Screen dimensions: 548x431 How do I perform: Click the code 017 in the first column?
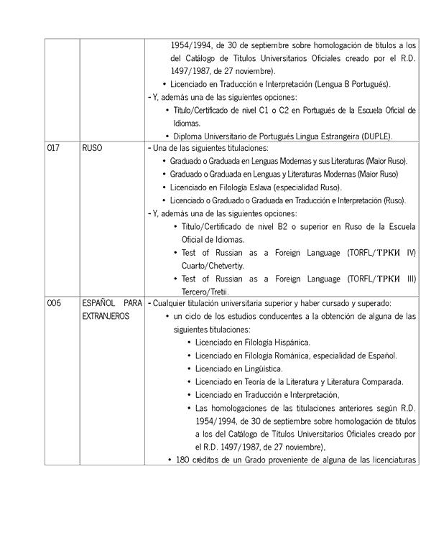[x=53, y=148]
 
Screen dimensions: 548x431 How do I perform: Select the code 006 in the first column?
[x=54, y=303]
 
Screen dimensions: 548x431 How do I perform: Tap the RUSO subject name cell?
[x=92, y=148]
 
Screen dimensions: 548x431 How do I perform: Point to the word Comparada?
[x=384, y=381]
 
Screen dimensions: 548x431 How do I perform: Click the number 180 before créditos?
[x=182, y=460]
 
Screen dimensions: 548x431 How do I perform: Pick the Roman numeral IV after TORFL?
[x=411, y=252]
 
